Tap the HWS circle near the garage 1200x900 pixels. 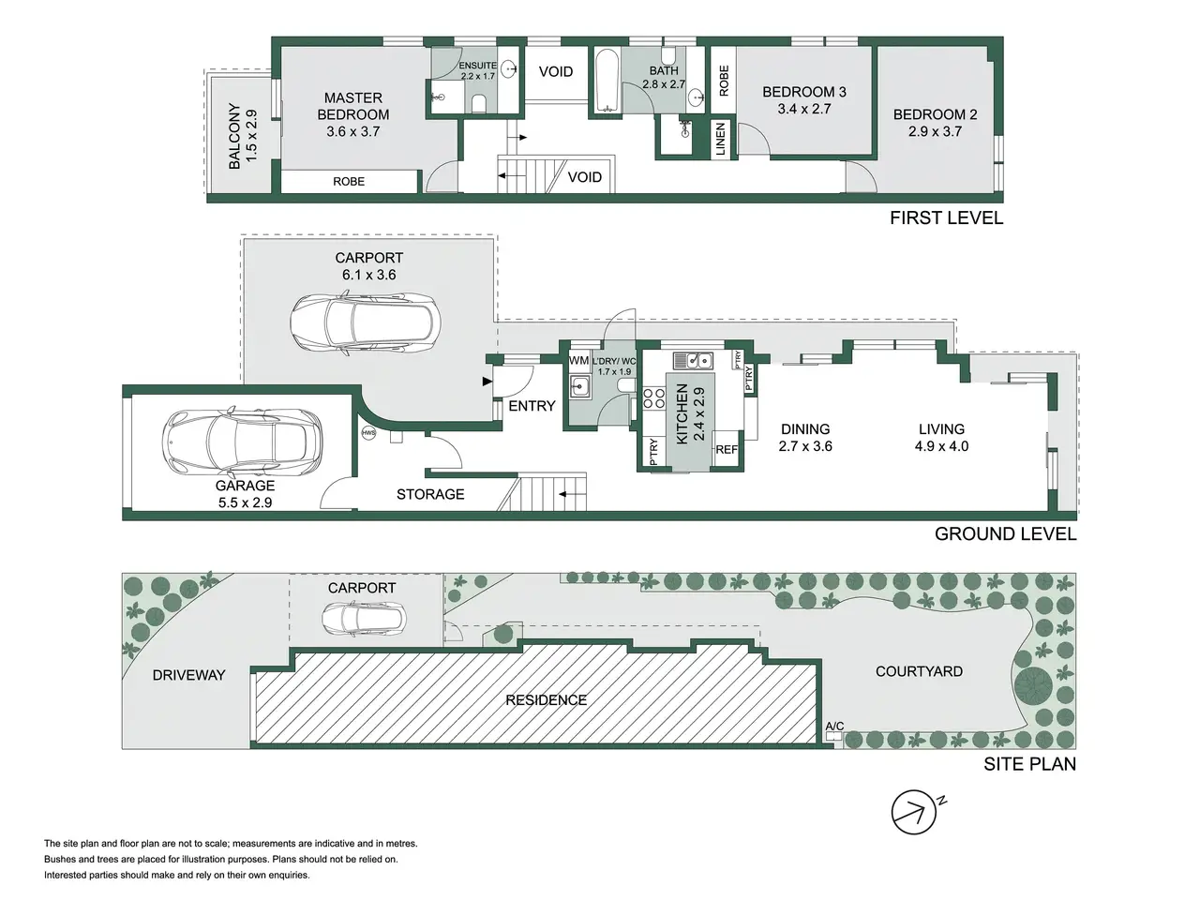368,433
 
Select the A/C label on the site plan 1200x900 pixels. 834,727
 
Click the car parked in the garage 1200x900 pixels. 242,441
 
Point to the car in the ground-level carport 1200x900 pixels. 366,323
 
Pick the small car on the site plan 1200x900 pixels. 364,619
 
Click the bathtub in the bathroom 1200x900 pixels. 606,81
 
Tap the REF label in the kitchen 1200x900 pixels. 727,450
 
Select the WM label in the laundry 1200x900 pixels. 578,361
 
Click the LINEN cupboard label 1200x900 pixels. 720,139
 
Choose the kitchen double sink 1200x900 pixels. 693,361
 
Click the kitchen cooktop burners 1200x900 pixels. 652,397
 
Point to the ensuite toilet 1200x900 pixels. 478,103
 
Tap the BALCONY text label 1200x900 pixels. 234,136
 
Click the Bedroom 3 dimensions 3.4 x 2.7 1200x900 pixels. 804,109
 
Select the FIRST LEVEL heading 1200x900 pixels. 946,218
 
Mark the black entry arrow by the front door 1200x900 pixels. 487,382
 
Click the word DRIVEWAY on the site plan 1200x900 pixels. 188,675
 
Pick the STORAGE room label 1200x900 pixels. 430,495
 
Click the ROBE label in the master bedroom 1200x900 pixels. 349,182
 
